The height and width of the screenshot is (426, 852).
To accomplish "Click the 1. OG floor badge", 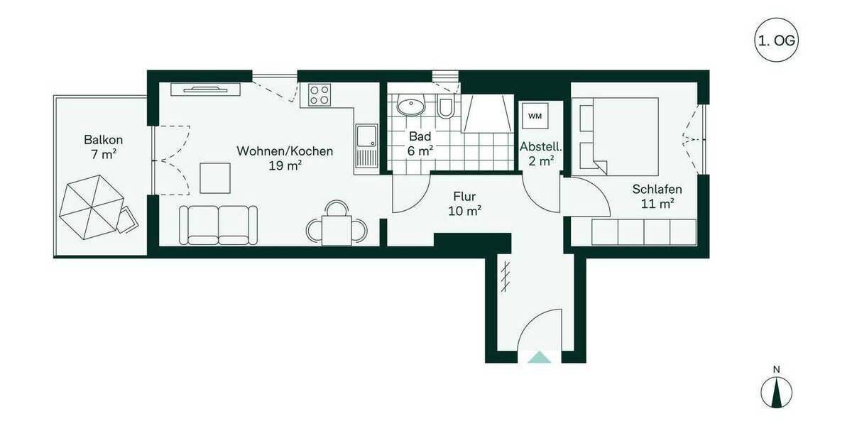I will (777, 42).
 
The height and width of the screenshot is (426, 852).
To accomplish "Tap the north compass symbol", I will (777, 391).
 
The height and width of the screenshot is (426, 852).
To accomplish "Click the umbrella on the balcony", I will (91, 207).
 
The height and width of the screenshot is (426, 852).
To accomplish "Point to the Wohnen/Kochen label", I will (284, 158).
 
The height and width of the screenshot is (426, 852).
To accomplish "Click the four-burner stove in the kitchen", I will (319, 95).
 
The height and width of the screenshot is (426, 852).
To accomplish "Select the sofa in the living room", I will (218, 224).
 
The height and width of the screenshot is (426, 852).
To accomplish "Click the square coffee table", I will (215, 177).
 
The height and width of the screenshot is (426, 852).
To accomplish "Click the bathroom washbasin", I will (410, 107).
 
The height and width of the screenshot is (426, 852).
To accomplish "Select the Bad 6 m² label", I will (420, 143).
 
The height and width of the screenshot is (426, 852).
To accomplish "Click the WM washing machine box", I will (534, 115).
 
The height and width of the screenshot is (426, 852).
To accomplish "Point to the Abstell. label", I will (541, 154).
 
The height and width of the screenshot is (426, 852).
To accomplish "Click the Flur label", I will (465, 203).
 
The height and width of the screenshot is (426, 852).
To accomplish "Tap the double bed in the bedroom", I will (616, 135).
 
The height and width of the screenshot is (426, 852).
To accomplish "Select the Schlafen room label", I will (657, 196).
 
